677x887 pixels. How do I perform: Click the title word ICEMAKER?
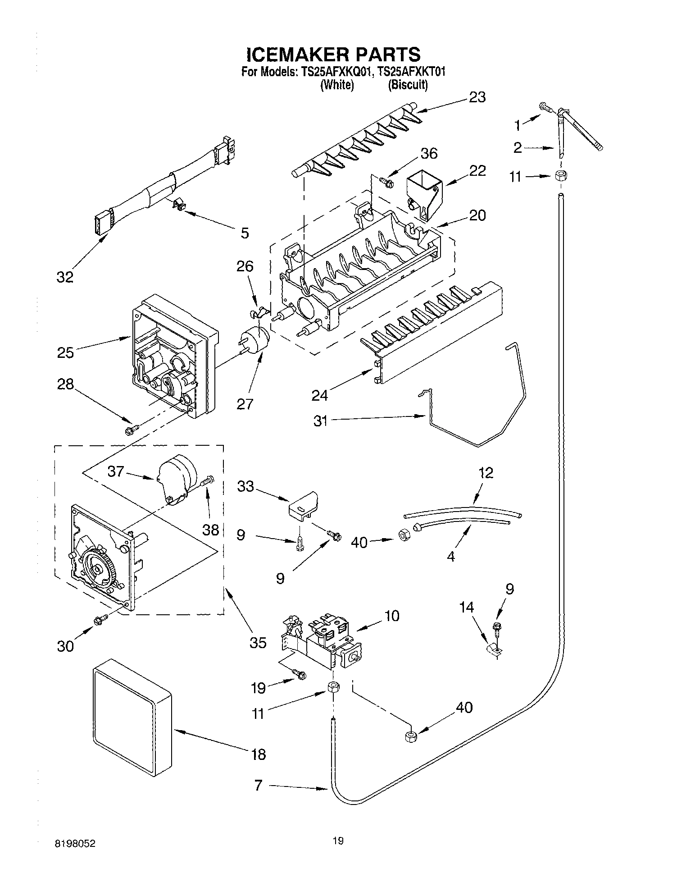coord(298,55)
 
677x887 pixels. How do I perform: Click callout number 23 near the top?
coord(477,97)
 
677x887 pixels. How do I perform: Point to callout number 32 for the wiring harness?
coord(65,277)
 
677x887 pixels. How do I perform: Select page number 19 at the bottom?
coord(338,840)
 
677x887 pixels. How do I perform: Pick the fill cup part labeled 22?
coord(424,191)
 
